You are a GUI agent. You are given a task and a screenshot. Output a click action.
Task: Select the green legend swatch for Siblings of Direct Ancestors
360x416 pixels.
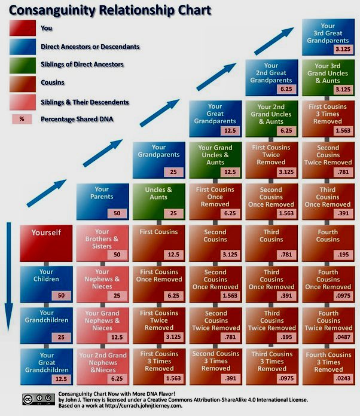[22, 64]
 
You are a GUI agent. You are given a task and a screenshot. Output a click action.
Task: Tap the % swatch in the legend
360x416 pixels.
[22, 118]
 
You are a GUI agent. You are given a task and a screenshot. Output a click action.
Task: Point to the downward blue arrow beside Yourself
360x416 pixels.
[9, 281]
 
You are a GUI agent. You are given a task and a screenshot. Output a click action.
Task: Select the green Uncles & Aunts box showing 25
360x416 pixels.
[159, 201]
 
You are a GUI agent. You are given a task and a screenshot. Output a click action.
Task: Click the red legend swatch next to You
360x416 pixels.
[22, 27]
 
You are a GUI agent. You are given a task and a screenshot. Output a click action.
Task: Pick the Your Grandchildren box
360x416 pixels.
[46, 323]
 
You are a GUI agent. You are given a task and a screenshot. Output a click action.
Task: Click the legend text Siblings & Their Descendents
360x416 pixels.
[85, 102]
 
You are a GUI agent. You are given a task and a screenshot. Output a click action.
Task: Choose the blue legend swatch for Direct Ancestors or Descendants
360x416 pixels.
[22, 46]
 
